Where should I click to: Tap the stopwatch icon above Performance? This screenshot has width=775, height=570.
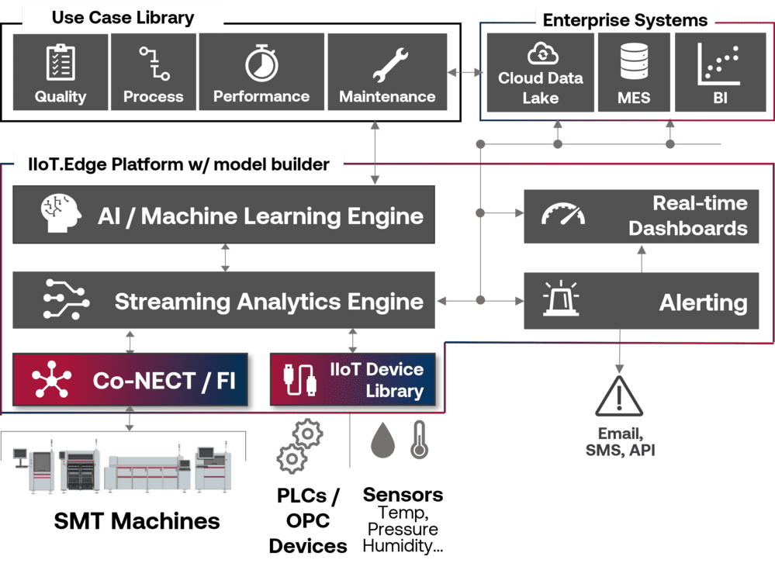click(261, 64)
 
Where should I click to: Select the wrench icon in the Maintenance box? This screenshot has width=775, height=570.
click(387, 64)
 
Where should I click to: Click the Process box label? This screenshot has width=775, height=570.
click(154, 97)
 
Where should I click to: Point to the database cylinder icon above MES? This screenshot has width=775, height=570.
click(634, 62)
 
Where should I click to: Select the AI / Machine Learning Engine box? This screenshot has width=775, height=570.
click(223, 215)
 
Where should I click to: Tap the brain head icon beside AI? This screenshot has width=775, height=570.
click(60, 213)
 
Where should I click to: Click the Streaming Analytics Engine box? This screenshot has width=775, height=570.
click(223, 300)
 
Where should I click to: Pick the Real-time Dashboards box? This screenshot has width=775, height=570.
click(641, 216)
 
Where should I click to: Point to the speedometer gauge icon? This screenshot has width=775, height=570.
click(562, 215)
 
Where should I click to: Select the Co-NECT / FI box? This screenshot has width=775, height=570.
click(130, 381)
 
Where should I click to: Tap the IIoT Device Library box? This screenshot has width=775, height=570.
click(355, 380)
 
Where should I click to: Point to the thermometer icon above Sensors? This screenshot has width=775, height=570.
click(420, 440)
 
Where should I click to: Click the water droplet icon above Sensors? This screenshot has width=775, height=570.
click(382, 440)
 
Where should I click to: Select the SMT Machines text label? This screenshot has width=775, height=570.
click(137, 520)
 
